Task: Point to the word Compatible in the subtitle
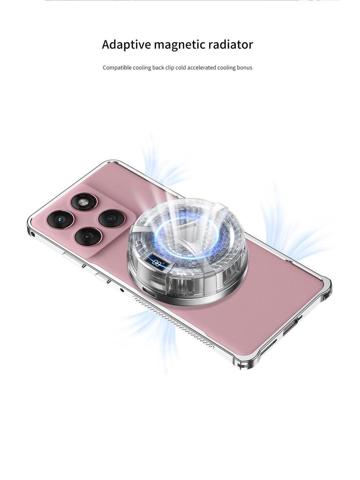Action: click(x=117, y=67)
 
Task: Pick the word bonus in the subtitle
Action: click(x=244, y=67)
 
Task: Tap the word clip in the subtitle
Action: click(x=170, y=67)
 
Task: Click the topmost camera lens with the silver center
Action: click(x=84, y=203)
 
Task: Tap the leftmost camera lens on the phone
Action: click(x=62, y=219)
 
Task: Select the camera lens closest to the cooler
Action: click(x=110, y=218)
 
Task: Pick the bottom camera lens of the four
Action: click(x=88, y=236)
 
